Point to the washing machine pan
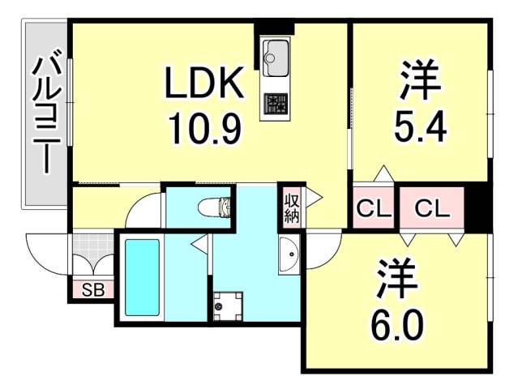(x=228, y=306)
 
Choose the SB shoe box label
(x=91, y=289)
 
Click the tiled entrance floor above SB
(x=92, y=251)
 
